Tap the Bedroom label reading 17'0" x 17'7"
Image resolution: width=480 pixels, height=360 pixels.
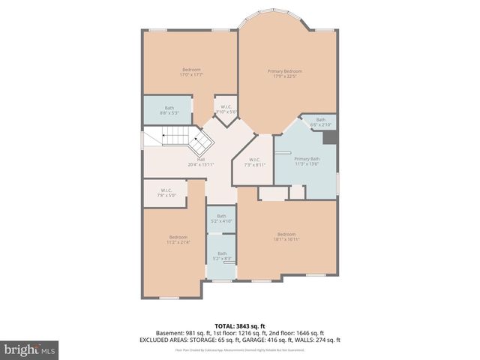tap(191, 72)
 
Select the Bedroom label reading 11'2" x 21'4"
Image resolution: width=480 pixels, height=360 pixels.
tap(178, 239)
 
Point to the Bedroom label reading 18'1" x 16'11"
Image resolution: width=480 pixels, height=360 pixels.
tap(287, 236)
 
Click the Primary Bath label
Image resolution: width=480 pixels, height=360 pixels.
tap(307, 161)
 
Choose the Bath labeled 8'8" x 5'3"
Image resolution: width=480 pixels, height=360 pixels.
tap(169, 110)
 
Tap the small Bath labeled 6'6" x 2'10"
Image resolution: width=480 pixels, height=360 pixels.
tap(321, 122)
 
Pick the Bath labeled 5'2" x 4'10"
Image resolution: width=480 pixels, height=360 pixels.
tap(222, 218)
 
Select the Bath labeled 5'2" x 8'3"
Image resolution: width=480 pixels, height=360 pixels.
tap(222, 256)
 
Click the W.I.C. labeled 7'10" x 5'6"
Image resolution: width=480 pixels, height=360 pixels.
tap(225, 109)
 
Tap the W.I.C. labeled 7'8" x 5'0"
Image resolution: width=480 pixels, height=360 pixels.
tap(166, 193)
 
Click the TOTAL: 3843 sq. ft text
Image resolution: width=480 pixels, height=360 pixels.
tap(240, 325)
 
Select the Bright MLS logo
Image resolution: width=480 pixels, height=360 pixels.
tap(29, 349)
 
